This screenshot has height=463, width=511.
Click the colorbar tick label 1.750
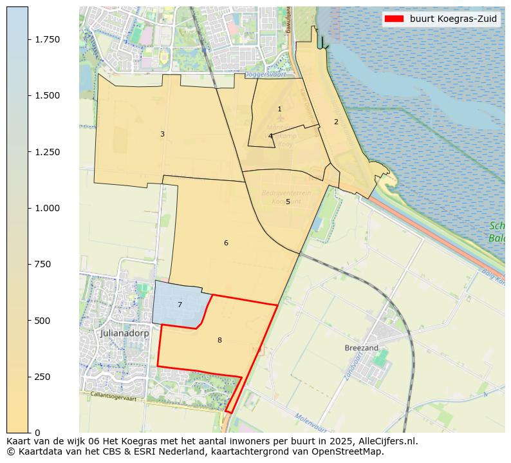(x=46, y=39)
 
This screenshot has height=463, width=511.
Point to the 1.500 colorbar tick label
(x=46, y=95)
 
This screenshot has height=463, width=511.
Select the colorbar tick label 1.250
(x=46, y=152)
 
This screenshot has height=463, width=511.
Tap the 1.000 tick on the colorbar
(x=46, y=208)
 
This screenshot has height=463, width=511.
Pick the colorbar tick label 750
(x=42, y=264)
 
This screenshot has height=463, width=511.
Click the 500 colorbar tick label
(x=42, y=321)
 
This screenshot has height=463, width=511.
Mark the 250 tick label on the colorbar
(x=42, y=377)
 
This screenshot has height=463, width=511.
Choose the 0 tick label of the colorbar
(x=37, y=433)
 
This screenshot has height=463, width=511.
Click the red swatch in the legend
(x=393, y=19)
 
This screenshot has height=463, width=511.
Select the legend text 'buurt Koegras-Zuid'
(x=453, y=19)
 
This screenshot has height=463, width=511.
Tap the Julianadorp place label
(x=125, y=334)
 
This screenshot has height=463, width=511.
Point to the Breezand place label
(x=361, y=348)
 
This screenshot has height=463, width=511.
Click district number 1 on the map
(x=279, y=109)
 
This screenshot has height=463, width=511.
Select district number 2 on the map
(x=336, y=122)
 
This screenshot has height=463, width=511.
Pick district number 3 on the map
(x=162, y=134)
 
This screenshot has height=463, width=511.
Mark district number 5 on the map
(x=288, y=202)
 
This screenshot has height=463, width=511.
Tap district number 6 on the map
(x=226, y=243)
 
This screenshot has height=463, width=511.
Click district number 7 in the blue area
(x=180, y=305)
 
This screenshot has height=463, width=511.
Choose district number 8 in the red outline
(x=219, y=340)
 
